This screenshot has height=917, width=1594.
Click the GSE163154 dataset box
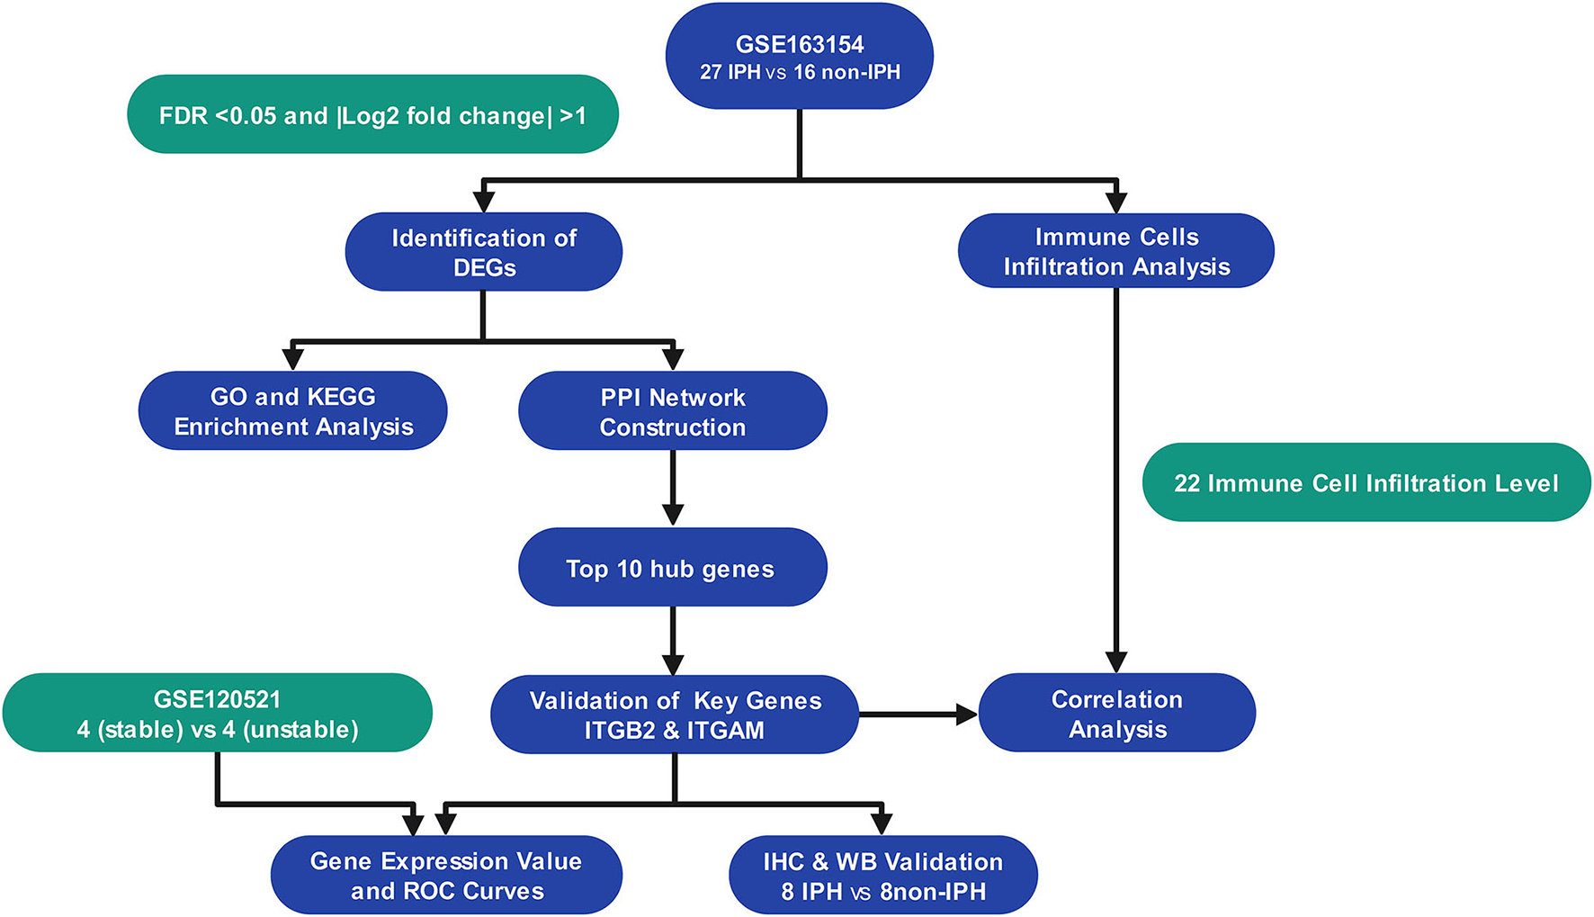(x=799, y=57)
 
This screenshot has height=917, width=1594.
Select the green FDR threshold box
(x=372, y=115)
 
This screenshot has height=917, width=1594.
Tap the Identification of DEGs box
(x=484, y=252)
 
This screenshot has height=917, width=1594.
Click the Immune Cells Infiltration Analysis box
(x=1115, y=251)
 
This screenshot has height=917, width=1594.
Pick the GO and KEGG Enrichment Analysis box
(x=293, y=411)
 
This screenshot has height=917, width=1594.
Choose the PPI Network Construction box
(x=672, y=411)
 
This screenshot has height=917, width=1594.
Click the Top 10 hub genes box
(x=672, y=568)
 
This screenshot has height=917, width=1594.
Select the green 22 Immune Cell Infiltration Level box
(x=1366, y=483)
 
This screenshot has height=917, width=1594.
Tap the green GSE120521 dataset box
(x=217, y=714)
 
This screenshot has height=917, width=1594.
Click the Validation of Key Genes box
(x=674, y=715)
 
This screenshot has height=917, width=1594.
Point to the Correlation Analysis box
(x=1116, y=714)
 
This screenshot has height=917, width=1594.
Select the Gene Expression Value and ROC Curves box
(x=446, y=876)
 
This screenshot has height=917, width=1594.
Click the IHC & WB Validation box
(x=882, y=876)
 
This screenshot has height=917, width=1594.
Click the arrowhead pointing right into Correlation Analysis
(x=967, y=715)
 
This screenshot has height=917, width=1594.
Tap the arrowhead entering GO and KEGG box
(x=293, y=359)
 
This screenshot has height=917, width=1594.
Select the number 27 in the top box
(x=711, y=72)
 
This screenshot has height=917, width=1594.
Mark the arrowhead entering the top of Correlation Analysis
(x=1115, y=661)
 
